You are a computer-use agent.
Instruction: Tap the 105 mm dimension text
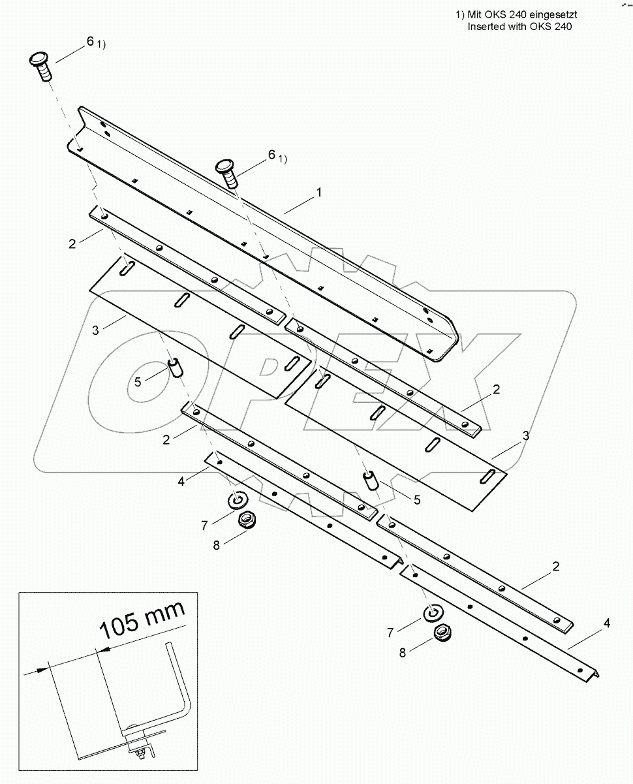pyautogui.click(x=142, y=620)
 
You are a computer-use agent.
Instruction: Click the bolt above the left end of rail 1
pyautogui.click(x=42, y=67)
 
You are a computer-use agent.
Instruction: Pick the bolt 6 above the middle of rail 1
pyautogui.click(x=228, y=172)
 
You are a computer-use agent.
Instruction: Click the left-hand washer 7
pyautogui.click(x=236, y=501)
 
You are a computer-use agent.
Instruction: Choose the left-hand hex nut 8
pyautogui.click(x=245, y=520)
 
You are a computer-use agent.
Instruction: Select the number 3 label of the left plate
pyautogui.click(x=95, y=330)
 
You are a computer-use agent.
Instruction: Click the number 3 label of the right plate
pyautogui.click(x=525, y=435)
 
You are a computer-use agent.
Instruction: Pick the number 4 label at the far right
pyautogui.click(x=607, y=623)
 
